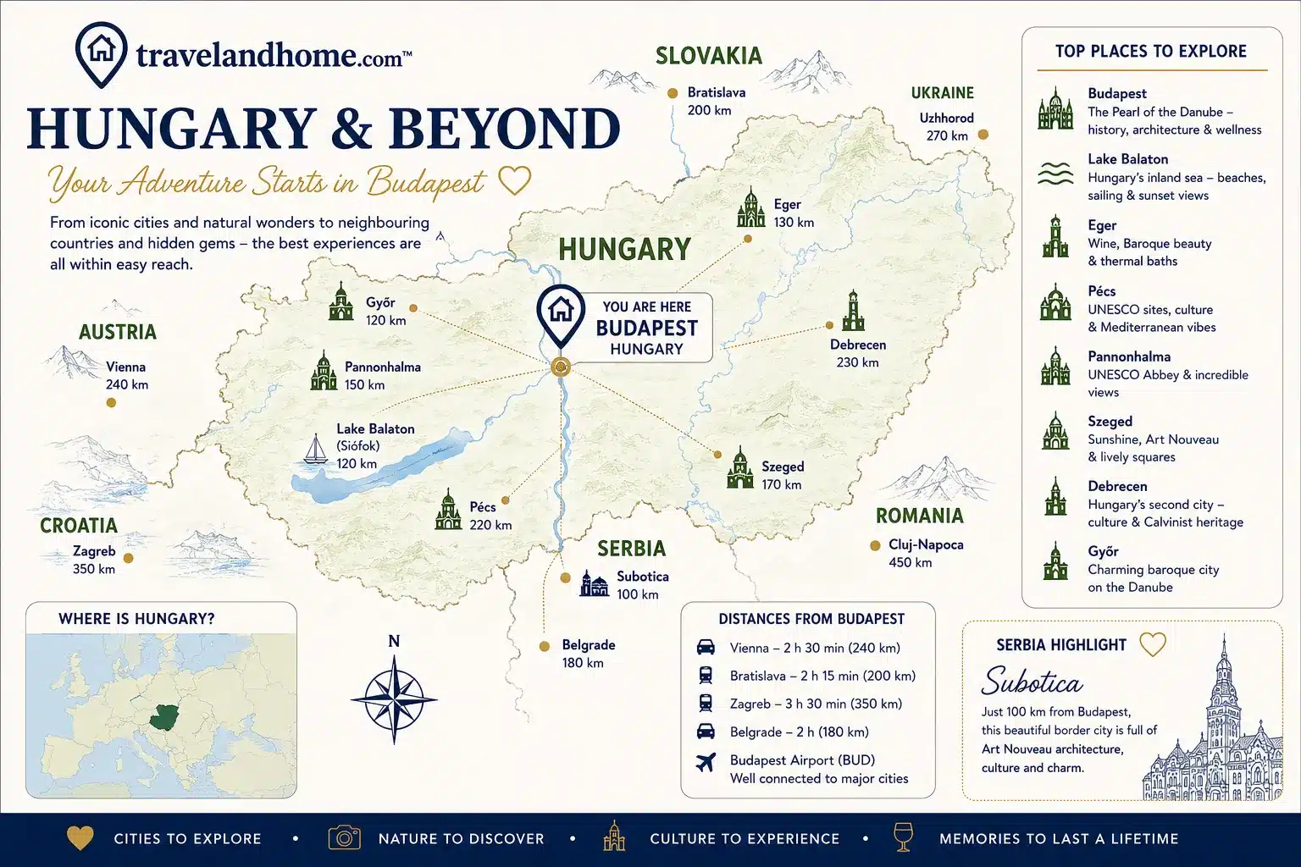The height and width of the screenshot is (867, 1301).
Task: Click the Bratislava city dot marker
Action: [673, 93]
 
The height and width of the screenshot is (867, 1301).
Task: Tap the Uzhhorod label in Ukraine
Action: [946, 118]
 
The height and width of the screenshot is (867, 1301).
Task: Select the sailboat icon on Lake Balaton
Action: [315, 448]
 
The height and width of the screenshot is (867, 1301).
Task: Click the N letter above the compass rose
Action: [394, 641]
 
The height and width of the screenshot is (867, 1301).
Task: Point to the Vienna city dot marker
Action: [111, 402]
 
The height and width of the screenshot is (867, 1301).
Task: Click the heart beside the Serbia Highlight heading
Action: [1152, 644]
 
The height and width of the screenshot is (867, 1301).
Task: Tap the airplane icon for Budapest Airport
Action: [706, 763]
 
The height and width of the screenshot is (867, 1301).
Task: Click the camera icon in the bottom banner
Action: [345, 838]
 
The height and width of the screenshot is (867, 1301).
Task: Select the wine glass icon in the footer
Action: [903, 837]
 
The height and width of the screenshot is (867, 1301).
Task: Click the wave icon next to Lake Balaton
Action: [1055, 174]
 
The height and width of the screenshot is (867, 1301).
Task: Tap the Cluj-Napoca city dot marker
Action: [875, 545]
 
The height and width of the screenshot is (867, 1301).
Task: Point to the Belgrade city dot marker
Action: [545, 646]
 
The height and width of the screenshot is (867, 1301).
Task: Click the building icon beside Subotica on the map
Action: [594, 583]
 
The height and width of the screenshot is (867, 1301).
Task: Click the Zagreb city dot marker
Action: [129, 558]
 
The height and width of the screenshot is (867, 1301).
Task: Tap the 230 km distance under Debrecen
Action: [857, 362]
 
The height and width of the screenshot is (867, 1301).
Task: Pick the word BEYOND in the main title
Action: [505, 128]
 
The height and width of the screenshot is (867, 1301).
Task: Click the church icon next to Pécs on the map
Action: [448, 510]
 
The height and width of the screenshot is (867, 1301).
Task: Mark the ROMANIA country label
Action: [919, 516]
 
